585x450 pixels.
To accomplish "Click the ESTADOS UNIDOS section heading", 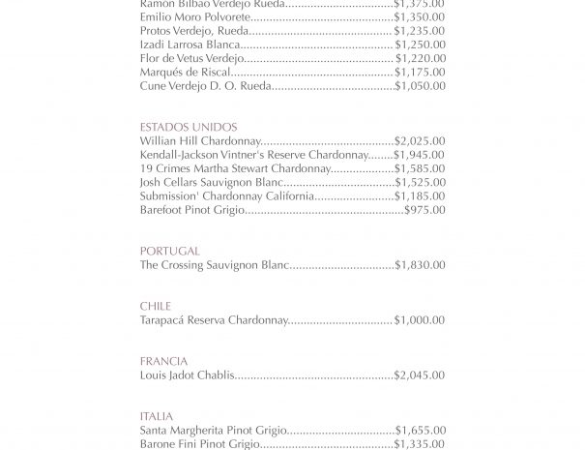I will click(x=188, y=128).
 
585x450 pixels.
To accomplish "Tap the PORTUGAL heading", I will click(x=169, y=251).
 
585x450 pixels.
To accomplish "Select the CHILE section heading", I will click(x=155, y=306).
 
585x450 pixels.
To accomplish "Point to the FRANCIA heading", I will click(x=163, y=361).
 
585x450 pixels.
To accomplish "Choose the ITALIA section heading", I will click(x=156, y=416).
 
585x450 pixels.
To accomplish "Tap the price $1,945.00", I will click(x=420, y=155).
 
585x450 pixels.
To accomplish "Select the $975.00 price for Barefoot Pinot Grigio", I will click(x=424, y=210).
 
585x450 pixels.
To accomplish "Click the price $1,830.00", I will click(x=420, y=264).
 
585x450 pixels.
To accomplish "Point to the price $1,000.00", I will click(x=420, y=320).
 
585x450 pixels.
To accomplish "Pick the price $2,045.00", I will click(x=420, y=375).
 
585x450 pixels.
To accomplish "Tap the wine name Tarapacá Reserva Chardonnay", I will click(x=214, y=320).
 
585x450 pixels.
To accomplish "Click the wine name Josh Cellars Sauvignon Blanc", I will click(x=211, y=182).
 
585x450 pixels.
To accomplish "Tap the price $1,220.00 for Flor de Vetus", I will click(x=420, y=58).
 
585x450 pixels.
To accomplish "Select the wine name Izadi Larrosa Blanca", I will click(x=190, y=45).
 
